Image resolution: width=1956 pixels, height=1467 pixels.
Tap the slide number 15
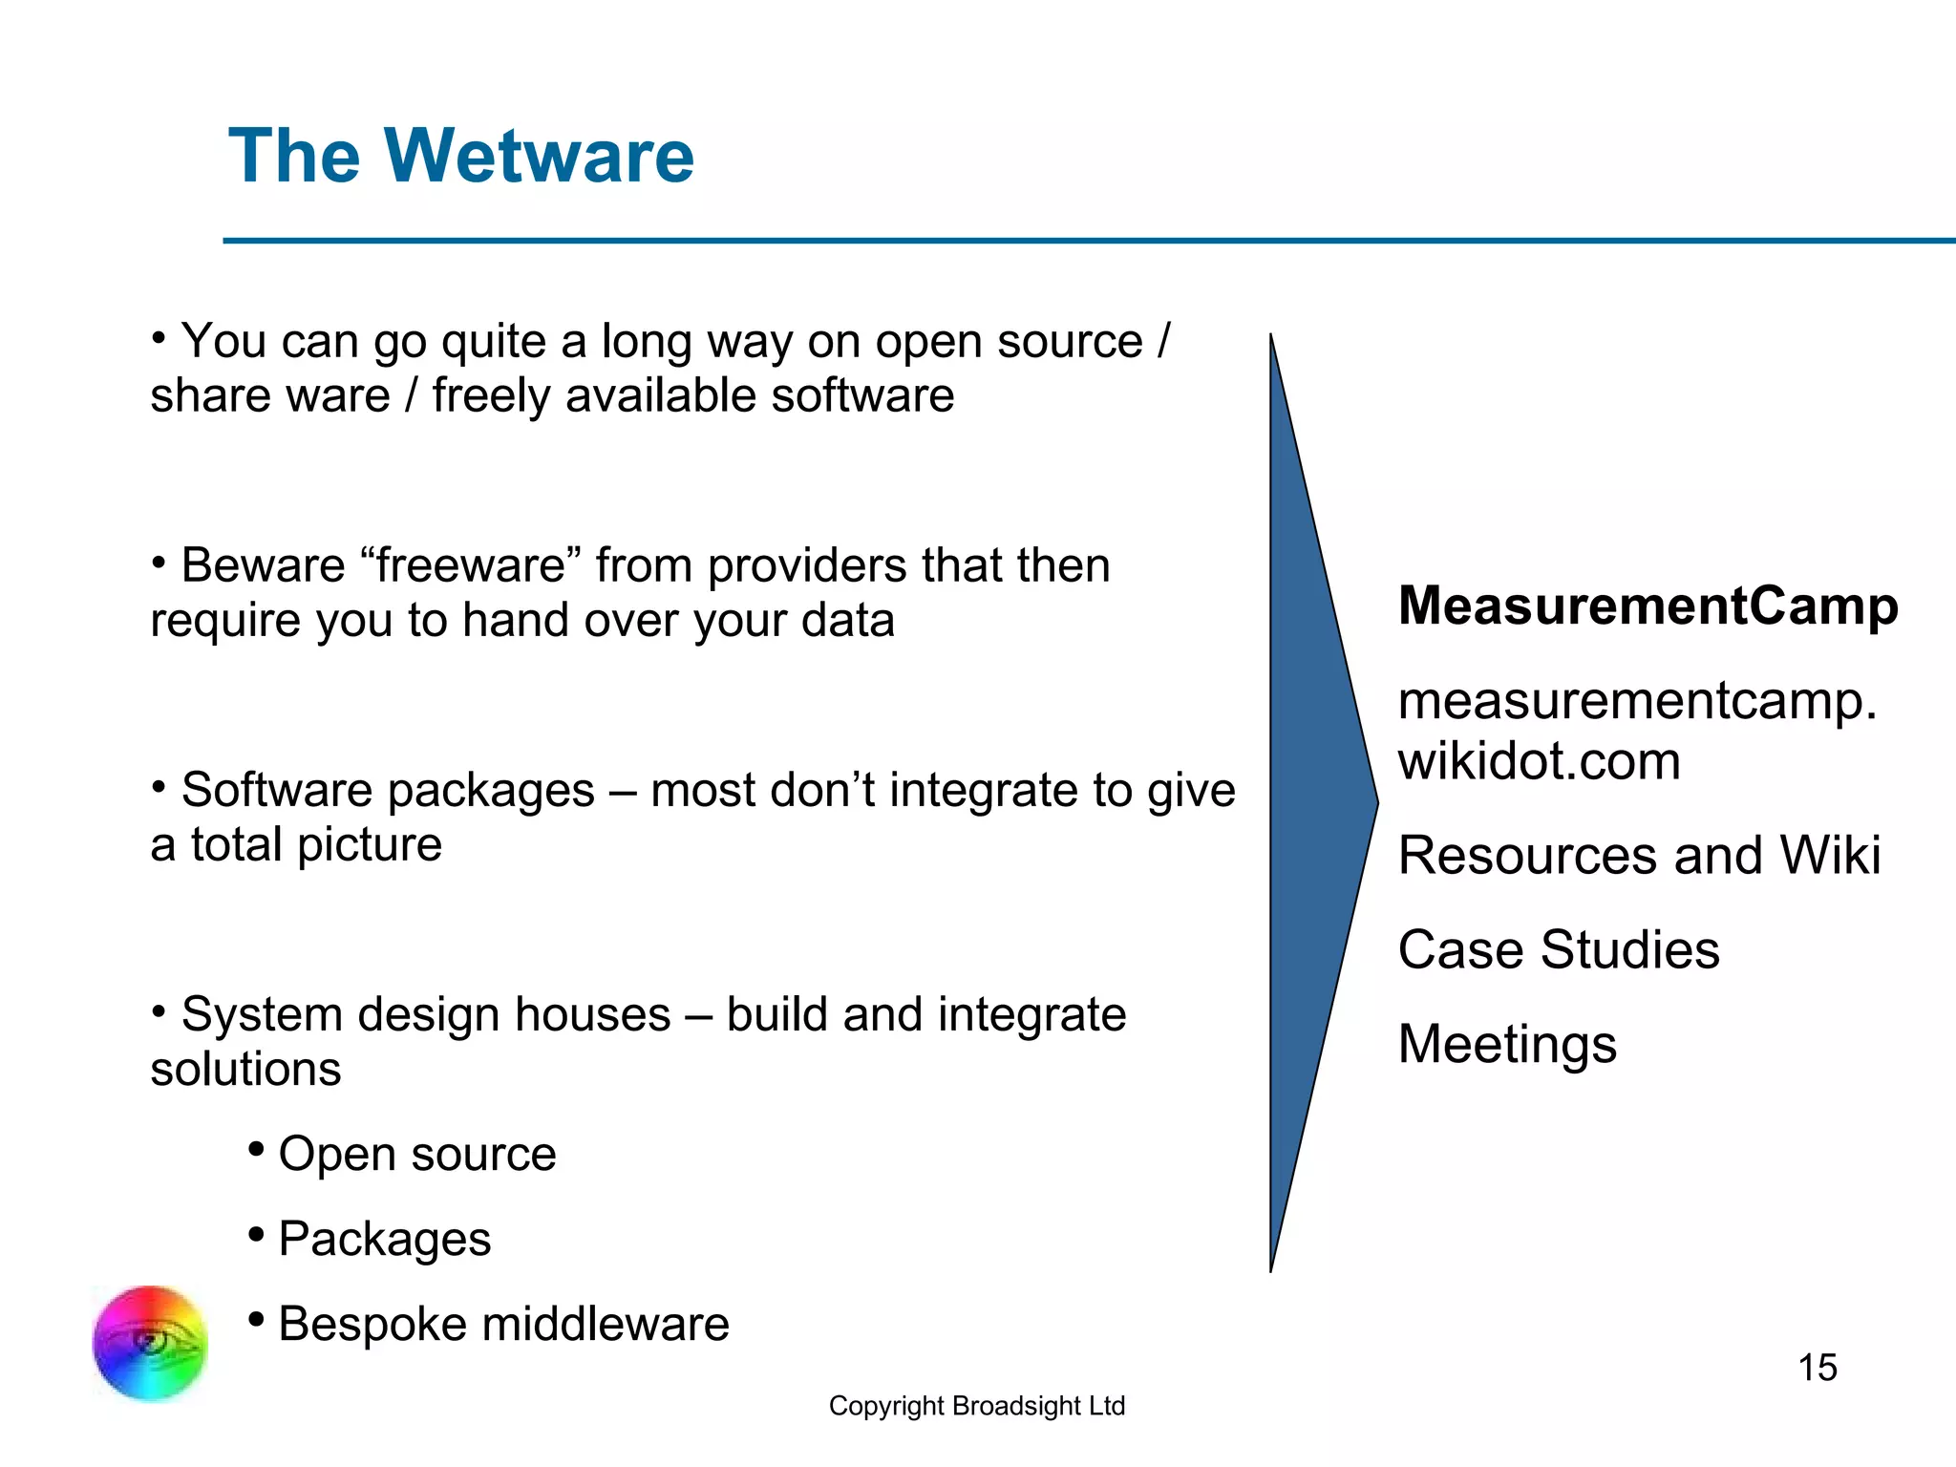pyautogui.click(x=1817, y=1368)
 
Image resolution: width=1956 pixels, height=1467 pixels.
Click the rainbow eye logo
pyautogui.click(x=150, y=1343)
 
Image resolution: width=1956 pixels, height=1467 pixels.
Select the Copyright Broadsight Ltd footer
pyautogui.click(x=976, y=1406)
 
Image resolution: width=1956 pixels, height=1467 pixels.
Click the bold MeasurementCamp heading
pyautogui.click(x=1648, y=606)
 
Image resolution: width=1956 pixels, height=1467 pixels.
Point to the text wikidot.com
pyautogui.click(x=1539, y=761)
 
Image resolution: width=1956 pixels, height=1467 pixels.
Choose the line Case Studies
pyautogui.click(x=1558, y=949)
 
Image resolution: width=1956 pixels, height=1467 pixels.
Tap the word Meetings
pyautogui.click(x=1507, y=1044)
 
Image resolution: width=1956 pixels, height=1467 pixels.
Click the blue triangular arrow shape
pyautogui.click(x=1313, y=802)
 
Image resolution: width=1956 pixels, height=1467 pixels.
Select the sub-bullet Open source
pyautogui.click(x=416, y=1154)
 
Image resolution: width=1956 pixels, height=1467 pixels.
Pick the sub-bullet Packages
pyautogui.click(x=384, y=1239)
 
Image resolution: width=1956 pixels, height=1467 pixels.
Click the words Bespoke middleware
pyautogui.click(x=503, y=1324)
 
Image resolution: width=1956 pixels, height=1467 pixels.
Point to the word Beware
pyautogui.click(x=263, y=565)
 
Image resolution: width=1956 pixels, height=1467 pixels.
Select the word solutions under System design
pyautogui.click(x=245, y=1069)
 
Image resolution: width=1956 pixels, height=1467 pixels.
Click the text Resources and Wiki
pyautogui.click(x=1639, y=855)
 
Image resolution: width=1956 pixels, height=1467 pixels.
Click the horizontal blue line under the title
pyautogui.click(x=1089, y=241)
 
